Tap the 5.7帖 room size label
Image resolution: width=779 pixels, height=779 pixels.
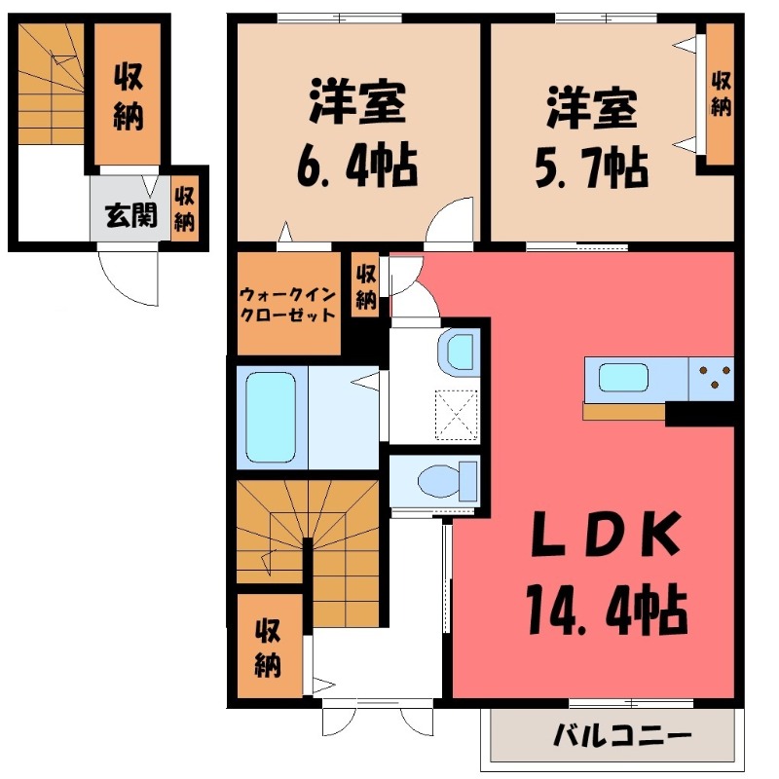pos(591,170)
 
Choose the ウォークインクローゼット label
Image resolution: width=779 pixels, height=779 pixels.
pos(288,304)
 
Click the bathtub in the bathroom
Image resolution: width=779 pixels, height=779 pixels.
pos(270,416)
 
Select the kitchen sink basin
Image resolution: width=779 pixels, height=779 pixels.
pos(624,378)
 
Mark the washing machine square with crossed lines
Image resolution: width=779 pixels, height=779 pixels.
pos(455,409)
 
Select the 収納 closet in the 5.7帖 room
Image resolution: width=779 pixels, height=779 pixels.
pos(720,93)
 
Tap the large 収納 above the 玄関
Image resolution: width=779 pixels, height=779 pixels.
pos(127,95)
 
